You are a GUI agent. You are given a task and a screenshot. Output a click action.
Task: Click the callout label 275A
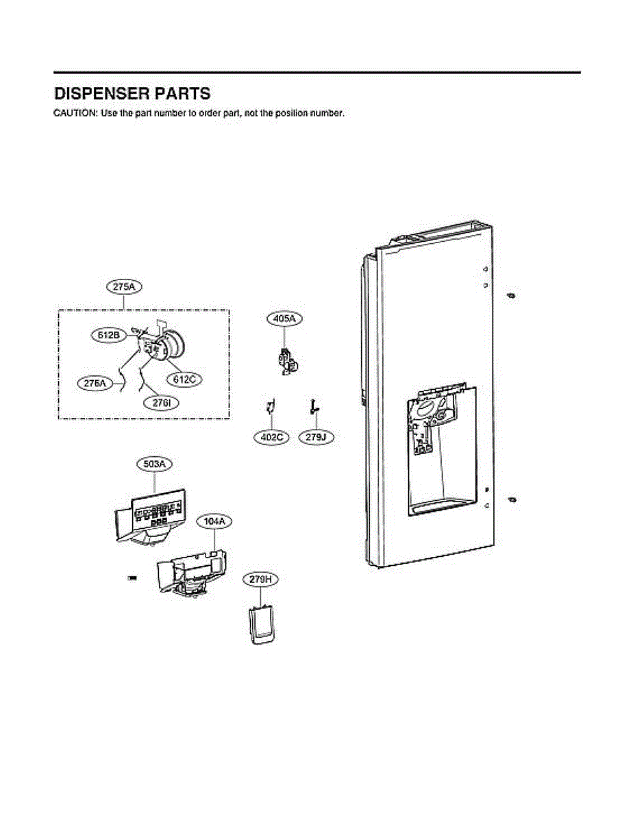pos(124,288)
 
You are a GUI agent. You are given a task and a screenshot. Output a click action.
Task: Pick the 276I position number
pos(162,403)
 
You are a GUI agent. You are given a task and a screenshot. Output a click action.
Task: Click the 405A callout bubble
pos(284,319)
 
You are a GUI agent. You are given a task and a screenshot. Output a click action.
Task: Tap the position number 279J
pos(316,436)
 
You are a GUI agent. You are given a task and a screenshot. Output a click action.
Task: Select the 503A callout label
pos(154,464)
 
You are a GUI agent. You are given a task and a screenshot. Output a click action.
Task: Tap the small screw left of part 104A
pos(132,580)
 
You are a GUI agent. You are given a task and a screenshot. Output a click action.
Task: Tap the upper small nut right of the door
pos(511,295)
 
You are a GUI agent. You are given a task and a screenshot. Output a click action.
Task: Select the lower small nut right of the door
pos(511,499)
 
